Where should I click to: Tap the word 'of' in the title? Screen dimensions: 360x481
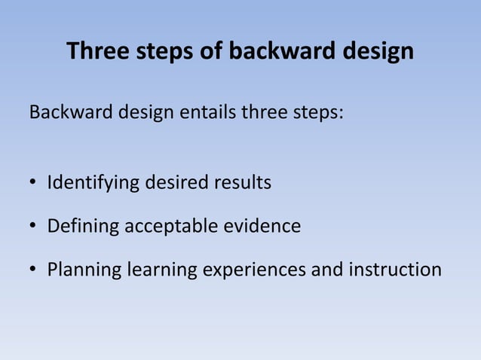coord(212,51)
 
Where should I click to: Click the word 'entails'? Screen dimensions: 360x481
coord(207,114)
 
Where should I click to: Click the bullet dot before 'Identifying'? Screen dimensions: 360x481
coord(34,184)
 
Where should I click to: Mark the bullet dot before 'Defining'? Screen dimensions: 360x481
coord(34,227)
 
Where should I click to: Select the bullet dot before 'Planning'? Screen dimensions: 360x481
coord(34,270)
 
